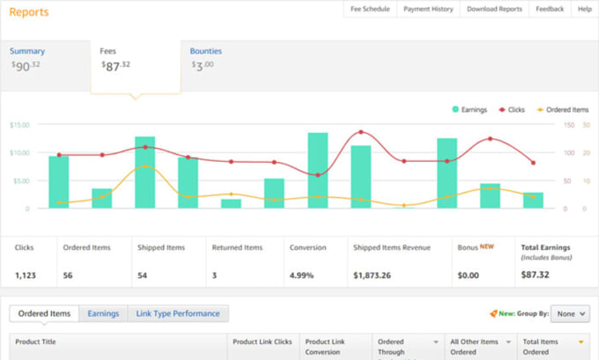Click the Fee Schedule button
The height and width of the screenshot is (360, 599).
pyautogui.click(x=370, y=9)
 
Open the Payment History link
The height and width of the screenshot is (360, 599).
pyautogui.click(x=428, y=9)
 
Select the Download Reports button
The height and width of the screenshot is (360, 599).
pyautogui.click(x=494, y=9)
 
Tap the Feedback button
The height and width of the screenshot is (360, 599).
pyautogui.click(x=550, y=9)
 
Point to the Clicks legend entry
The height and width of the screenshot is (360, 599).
pyautogui.click(x=512, y=109)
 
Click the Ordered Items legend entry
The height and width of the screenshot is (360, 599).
pyautogui.click(x=563, y=109)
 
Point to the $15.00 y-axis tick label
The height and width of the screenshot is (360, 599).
pyautogui.click(x=19, y=125)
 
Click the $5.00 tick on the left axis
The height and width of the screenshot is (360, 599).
pyautogui.click(x=21, y=180)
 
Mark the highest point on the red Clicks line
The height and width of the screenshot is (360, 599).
pyautogui.click(x=361, y=132)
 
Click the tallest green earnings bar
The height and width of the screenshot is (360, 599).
pyautogui.click(x=318, y=170)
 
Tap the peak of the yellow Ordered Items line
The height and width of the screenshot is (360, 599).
pyautogui.click(x=145, y=166)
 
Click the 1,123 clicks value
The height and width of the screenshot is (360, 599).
pyautogui.click(x=26, y=276)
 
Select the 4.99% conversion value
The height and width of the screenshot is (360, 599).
pyautogui.click(x=301, y=276)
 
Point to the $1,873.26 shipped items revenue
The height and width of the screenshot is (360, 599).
pyautogui.click(x=372, y=276)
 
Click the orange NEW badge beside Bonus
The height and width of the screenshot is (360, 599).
pyautogui.click(x=486, y=246)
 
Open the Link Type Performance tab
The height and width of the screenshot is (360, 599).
pyautogui.click(x=178, y=313)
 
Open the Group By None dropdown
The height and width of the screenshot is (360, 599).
pyautogui.click(x=570, y=314)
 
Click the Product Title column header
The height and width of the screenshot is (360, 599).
pyautogui.click(x=35, y=342)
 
